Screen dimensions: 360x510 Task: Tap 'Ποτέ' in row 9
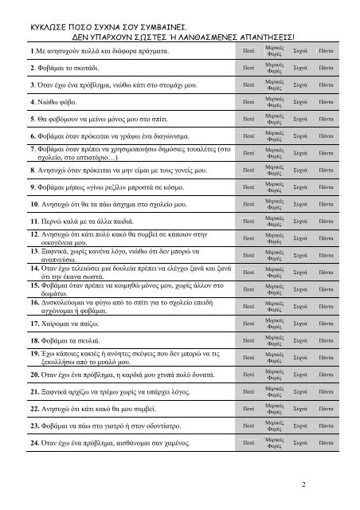pyautogui.click(x=248, y=186)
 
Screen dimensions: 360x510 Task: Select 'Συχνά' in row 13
pyautogui.click(x=301, y=255)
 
